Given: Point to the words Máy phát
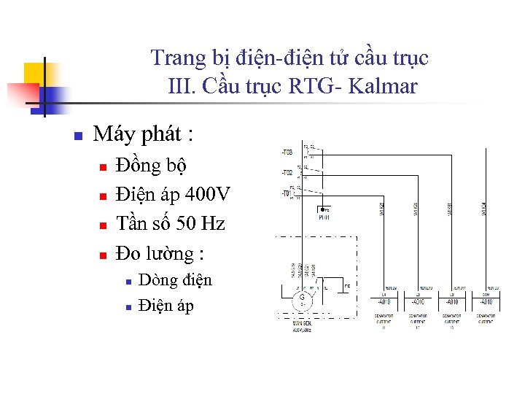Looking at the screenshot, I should coord(144,134).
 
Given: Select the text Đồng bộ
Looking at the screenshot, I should coord(151,166).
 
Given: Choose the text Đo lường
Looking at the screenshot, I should coord(160,254).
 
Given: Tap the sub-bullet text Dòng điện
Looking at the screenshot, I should coord(175,280).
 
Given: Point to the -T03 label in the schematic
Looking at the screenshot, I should coord(287,152).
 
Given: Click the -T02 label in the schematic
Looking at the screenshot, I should coord(287,173).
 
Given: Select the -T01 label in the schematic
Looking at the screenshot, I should coord(287,193).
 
